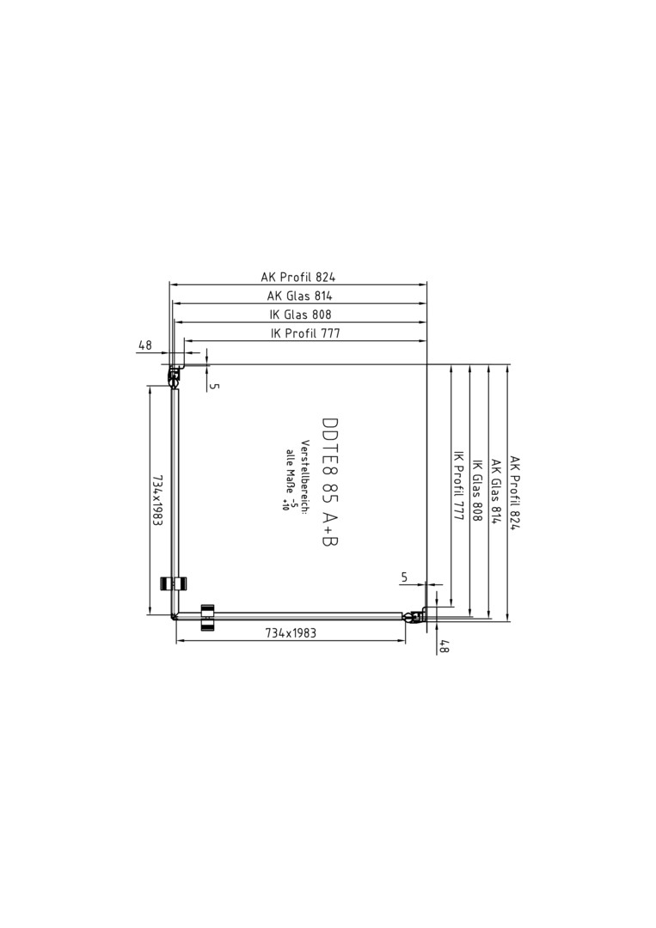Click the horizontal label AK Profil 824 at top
[x=298, y=277]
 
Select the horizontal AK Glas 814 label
[x=299, y=296]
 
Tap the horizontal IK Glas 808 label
[x=301, y=314]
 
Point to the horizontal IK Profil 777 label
[x=305, y=333]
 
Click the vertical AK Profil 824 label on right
[x=514, y=492]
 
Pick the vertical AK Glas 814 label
[x=496, y=491]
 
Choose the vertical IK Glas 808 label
[x=476, y=491]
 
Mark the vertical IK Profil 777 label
[x=457, y=485]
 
